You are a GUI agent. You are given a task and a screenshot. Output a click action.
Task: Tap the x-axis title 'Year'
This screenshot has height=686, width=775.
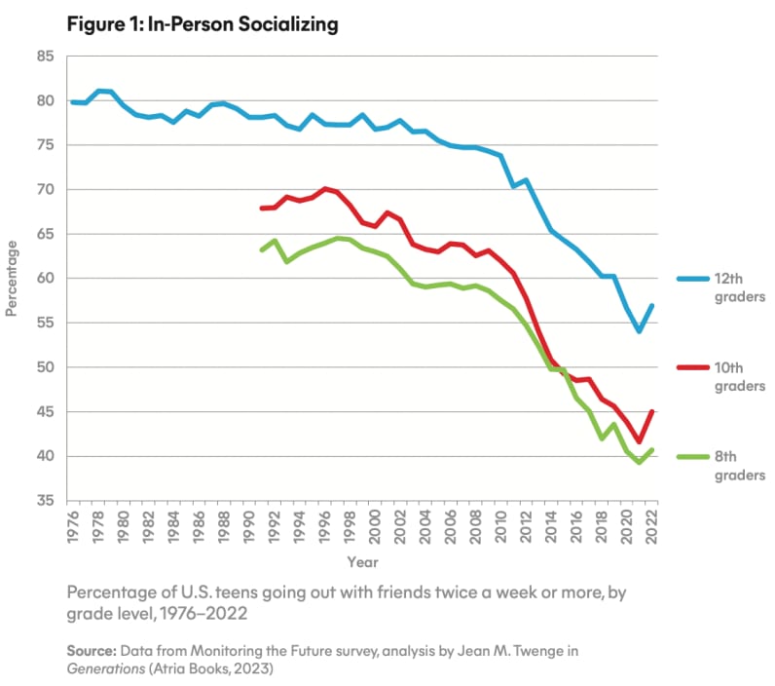(x=361, y=562)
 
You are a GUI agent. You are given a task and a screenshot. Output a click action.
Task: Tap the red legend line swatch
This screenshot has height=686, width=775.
(x=689, y=367)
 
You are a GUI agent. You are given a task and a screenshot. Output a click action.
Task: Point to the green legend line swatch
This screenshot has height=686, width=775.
(x=689, y=457)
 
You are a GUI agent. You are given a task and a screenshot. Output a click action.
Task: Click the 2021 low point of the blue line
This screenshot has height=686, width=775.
(x=639, y=331)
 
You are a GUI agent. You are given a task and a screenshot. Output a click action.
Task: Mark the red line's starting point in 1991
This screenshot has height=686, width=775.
(x=262, y=209)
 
